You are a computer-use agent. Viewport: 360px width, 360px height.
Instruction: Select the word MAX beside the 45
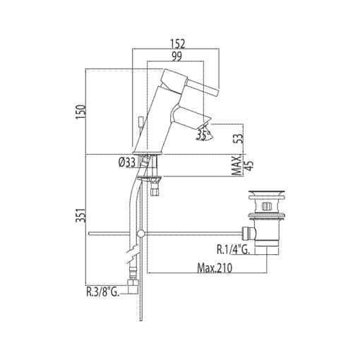(x=237, y=167)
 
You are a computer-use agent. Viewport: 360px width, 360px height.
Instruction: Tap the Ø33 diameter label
(x=127, y=163)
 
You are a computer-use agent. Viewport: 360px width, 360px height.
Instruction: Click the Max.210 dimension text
(x=215, y=268)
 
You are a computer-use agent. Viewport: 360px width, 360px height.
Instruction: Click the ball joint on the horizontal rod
(x=142, y=232)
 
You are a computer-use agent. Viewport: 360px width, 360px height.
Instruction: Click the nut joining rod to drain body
(x=247, y=231)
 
